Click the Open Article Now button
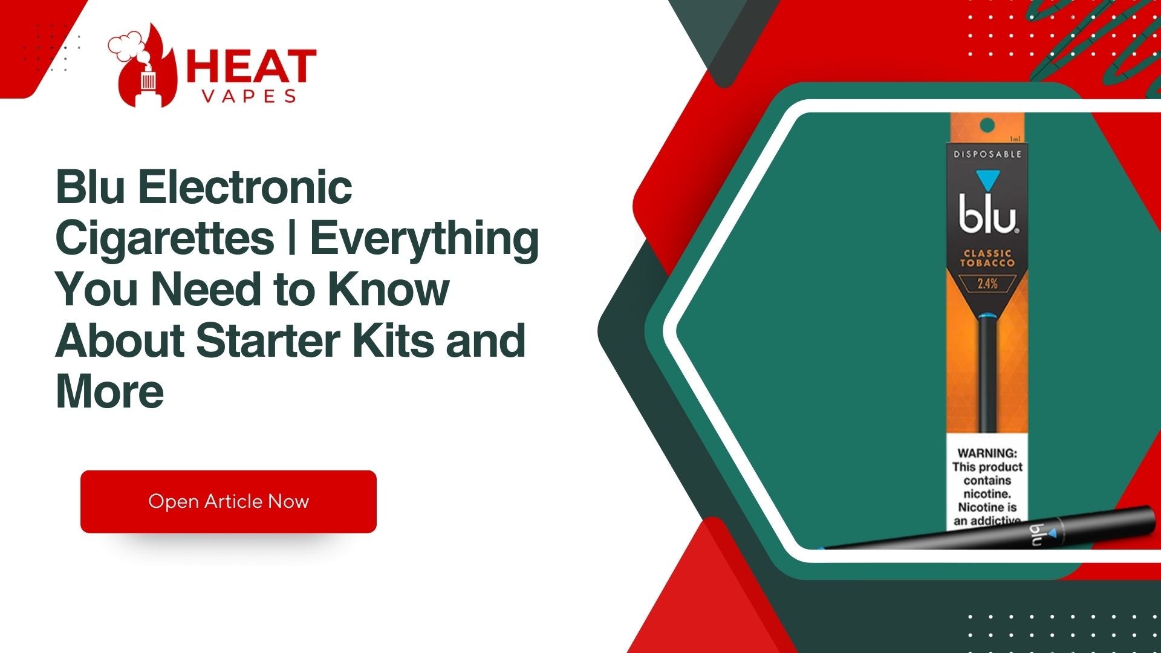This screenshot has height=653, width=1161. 229,501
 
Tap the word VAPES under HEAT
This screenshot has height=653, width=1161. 249,96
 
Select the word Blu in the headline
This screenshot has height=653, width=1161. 91,187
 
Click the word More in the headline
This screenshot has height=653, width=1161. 109,392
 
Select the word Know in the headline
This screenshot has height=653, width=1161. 388,289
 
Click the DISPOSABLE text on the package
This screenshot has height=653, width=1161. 987,154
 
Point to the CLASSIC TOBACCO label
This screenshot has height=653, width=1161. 987,258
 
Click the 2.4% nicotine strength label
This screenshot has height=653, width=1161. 987,283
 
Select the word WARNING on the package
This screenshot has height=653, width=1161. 987,453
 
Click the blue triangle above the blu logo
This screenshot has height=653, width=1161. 987,180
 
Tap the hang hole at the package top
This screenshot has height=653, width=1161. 987,126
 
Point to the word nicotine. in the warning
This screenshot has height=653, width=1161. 987,494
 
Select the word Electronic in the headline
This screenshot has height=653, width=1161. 245,187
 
